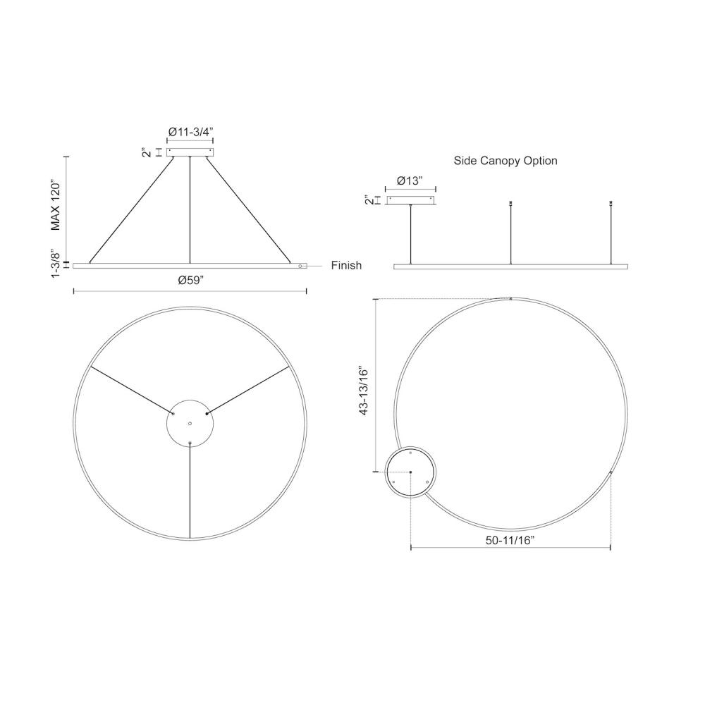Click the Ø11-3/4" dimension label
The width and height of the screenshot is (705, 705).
coord(190,132)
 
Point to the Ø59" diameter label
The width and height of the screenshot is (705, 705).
coord(191,280)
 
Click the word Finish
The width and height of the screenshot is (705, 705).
coord(346,265)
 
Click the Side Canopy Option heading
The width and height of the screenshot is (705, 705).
coord(505,161)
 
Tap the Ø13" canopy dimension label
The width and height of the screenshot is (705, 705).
coord(410,180)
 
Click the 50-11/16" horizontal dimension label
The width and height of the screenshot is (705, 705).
coord(510,541)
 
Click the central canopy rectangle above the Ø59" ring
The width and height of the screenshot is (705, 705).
coord(190,152)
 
